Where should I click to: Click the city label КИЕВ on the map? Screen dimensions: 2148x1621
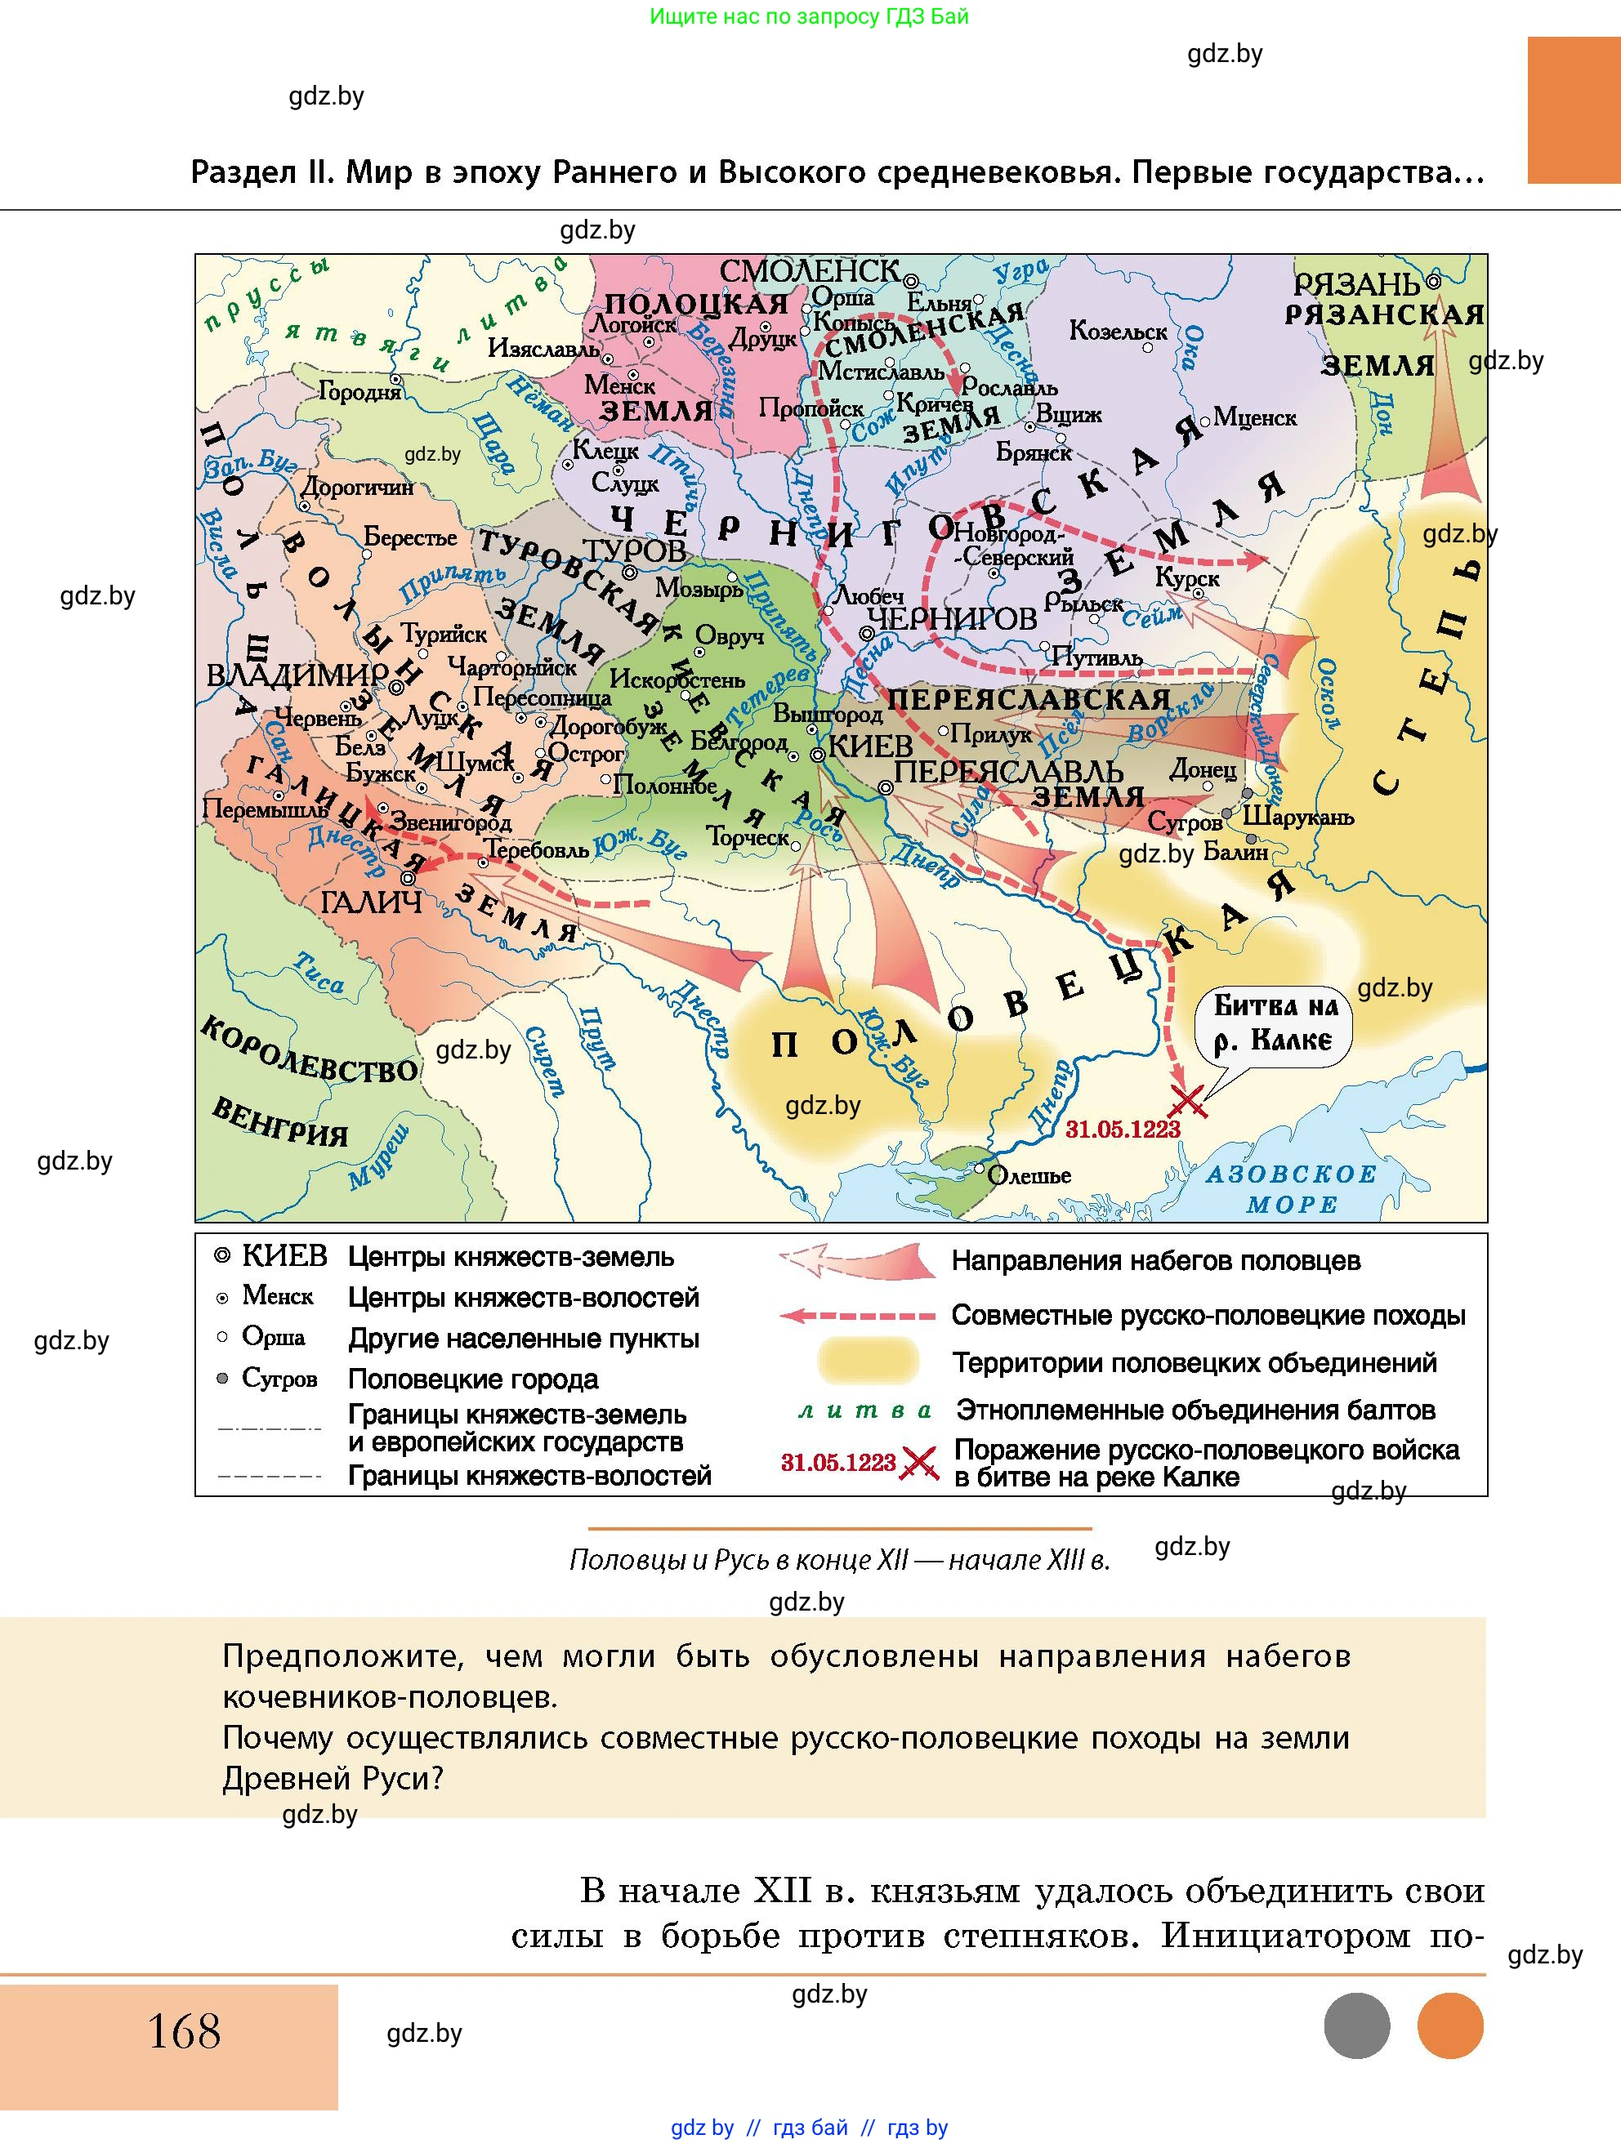coord(870,746)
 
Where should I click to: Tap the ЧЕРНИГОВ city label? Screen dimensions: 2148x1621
coord(951,618)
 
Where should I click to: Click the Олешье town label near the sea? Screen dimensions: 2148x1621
coord(1029,1176)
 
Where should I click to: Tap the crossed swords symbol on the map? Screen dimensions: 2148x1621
coord(1188,1101)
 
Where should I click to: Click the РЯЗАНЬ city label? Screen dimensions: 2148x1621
coord(1357,284)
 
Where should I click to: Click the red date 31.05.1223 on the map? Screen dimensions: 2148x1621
coord(1122,1130)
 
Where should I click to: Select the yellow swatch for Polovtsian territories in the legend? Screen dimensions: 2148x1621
coord(868,1361)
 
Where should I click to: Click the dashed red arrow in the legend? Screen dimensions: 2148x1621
coord(856,1316)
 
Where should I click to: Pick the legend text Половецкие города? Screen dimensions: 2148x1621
coord(473,1379)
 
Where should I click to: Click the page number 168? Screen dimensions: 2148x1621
coord(184,2031)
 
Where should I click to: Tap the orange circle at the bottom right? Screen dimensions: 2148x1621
coord(1449,2025)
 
